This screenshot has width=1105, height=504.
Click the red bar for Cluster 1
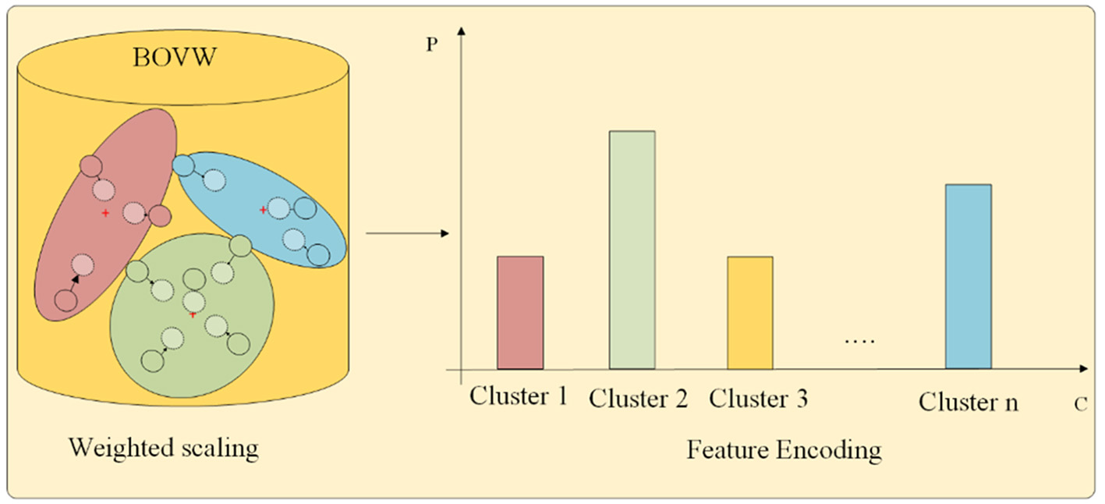pyautogui.click(x=520, y=312)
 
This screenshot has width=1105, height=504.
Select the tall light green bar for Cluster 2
pyautogui.click(x=632, y=250)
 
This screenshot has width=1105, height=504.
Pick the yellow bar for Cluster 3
pyautogui.click(x=750, y=312)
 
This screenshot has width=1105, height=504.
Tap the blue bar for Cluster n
pyautogui.click(x=969, y=276)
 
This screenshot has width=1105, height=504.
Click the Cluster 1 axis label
pyautogui.click(x=518, y=396)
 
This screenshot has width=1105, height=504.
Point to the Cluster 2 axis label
pyautogui.click(x=638, y=399)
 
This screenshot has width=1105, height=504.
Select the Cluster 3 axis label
pyautogui.click(x=758, y=399)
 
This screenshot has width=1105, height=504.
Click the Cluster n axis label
pyautogui.click(x=968, y=403)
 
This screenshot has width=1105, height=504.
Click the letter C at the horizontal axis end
pyautogui.click(x=1080, y=405)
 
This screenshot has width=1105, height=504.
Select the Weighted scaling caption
pyautogui.click(x=163, y=449)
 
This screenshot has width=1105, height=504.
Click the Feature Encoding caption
pyautogui.click(x=784, y=450)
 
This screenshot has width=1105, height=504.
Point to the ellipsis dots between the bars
pyautogui.click(x=860, y=341)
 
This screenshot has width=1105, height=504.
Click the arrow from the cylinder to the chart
pyautogui.click(x=407, y=233)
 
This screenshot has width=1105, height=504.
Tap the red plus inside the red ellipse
pyautogui.click(x=105, y=213)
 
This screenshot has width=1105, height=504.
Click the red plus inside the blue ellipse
pyautogui.click(x=263, y=210)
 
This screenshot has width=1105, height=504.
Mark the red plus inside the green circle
pyautogui.click(x=193, y=314)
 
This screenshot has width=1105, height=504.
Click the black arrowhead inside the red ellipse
pyautogui.click(x=75, y=277)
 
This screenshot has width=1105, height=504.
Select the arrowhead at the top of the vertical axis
pyautogui.click(x=462, y=31)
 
